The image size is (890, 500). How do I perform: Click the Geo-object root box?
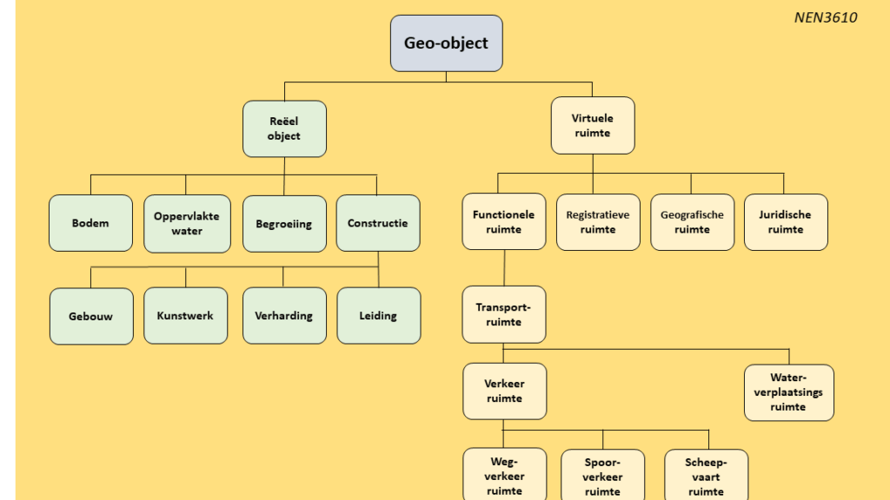(446, 43)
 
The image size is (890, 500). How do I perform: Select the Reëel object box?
(284, 128)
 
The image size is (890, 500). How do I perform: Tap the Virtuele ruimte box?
(593, 125)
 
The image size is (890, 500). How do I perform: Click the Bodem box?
(90, 223)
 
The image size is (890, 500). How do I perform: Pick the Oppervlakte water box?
(188, 223)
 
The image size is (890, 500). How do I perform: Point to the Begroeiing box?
(284, 223)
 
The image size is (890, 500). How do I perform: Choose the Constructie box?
(378, 223)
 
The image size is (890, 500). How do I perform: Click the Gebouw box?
(91, 316)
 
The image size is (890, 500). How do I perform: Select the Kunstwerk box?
(186, 315)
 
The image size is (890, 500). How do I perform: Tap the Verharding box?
(284, 315)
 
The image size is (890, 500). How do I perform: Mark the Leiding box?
(379, 315)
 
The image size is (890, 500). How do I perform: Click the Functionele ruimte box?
(504, 221)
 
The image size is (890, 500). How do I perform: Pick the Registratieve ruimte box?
(598, 222)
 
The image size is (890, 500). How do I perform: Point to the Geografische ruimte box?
(693, 222)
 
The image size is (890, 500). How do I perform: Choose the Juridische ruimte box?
(786, 222)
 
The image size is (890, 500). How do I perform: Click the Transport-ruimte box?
(504, 314)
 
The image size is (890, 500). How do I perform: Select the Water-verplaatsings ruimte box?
(789, 392)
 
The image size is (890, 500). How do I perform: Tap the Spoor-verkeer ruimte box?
(603, 475)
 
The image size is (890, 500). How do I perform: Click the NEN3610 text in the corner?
(826, 17)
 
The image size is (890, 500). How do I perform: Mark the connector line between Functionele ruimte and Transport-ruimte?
(505, 267)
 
